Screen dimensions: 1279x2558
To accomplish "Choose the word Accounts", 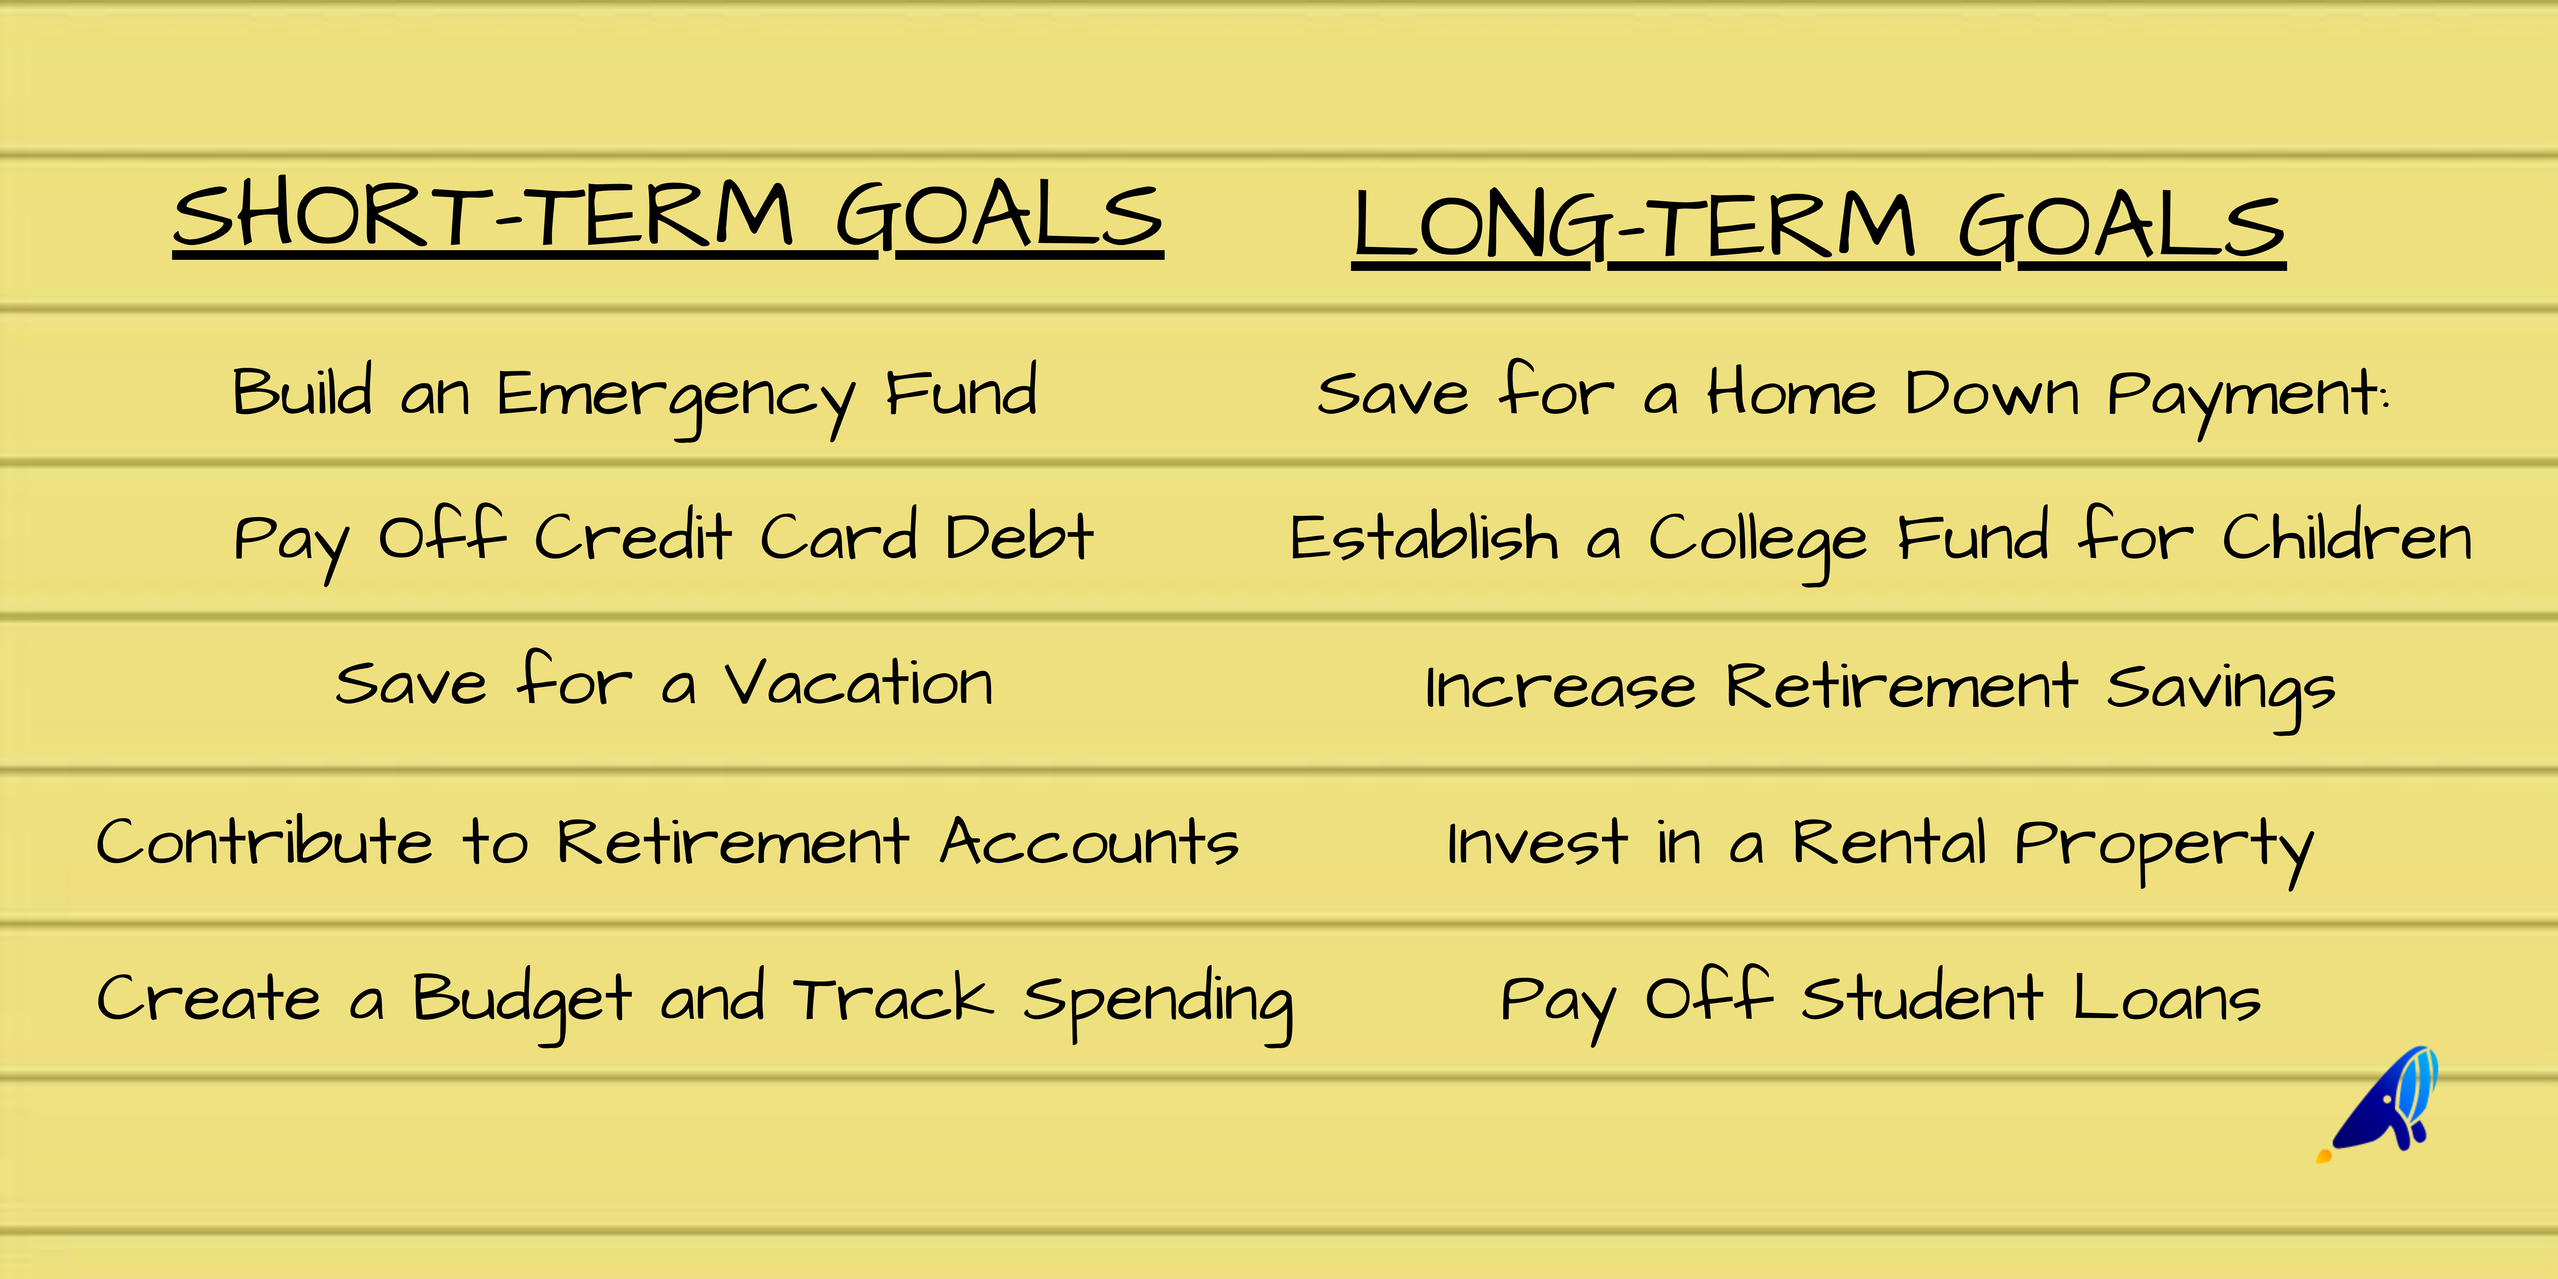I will [x=1090, y=842].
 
